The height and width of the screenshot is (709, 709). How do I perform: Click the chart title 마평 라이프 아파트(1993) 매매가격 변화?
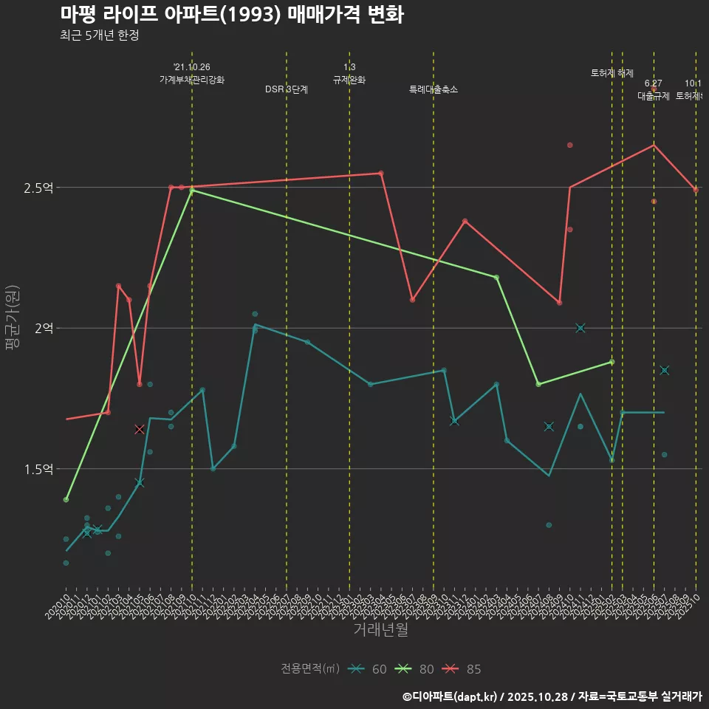(231, 15)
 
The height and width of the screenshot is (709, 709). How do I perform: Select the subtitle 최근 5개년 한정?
(100, 35)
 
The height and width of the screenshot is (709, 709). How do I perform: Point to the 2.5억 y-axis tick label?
(38, 188)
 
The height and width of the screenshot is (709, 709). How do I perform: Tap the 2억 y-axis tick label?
(43, 329)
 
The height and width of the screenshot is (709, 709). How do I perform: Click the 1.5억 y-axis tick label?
(38, 469)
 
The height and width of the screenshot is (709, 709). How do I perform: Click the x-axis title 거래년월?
(380, 630)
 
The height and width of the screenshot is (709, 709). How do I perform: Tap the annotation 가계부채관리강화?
(192, 80)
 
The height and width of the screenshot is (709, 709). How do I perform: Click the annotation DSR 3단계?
(287, 89)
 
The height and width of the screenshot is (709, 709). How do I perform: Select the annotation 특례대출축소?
(434, 89)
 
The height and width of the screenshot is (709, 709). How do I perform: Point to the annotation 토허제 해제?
(612, 73)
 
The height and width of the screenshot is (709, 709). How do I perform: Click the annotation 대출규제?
(654, 96)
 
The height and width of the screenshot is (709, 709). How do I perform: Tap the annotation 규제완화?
(349, 80)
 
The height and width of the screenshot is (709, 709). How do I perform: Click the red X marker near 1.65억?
(140, 429)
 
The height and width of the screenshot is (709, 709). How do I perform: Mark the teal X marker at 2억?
(580, 328)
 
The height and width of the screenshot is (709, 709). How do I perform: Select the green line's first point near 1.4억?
(66, 500)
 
